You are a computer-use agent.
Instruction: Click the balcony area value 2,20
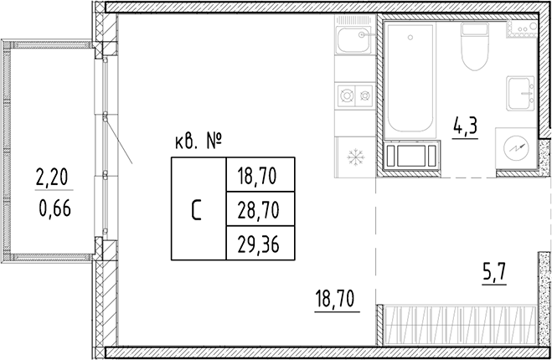click(x=50, y=177)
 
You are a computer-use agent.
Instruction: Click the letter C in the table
click(x=197, y=209)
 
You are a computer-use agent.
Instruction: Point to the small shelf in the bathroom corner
click(x=520, y=30)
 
